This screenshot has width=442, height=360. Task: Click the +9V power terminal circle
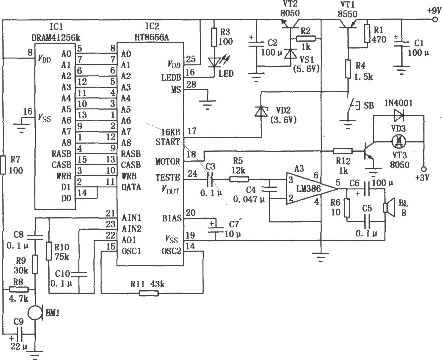[x=435, y=20]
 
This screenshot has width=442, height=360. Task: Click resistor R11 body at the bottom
[x=149, y=293]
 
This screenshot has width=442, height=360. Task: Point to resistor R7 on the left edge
[x=3, y=165]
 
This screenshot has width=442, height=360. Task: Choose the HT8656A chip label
[x=152, y=37]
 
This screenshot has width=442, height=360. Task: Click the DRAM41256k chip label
[x=56, y=38]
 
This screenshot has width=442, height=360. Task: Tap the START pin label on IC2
[x=167, y=142]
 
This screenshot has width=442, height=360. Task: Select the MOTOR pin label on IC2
[x=168, y=161]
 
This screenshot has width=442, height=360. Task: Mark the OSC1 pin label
[x=131, y=251]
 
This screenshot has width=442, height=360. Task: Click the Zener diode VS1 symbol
[x=290, y=54]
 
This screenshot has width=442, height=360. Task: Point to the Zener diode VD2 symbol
[x=261, y=112]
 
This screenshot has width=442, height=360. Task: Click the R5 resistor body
[x=239, y=179]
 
